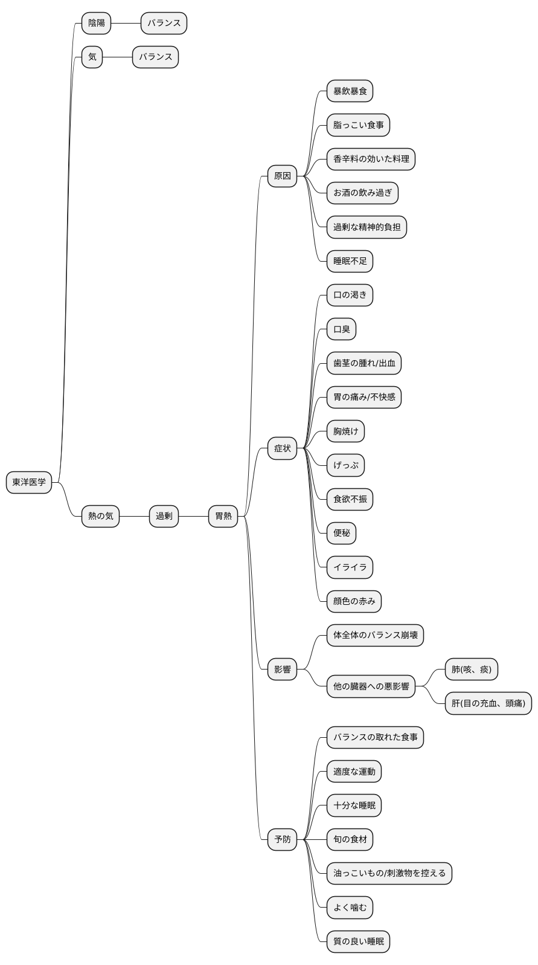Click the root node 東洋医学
[x=29, y=482]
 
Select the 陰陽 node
[x=97, y=23]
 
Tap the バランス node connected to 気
[x=155, y=57]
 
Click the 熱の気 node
[x=100, y=516]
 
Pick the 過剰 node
[x=164, y=516]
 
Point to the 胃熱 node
[x=223, y=516]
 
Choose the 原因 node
[x=283, y=176]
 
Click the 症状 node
[x=283, y=448]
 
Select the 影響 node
[x=283, y=669]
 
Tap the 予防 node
[x=283, y=839]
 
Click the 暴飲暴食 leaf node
[x=350, y=91]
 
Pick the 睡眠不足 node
[x=350, y=261]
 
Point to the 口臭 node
[x=341, y=329]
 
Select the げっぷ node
[x=345, y=465]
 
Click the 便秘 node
[x=341, y=533]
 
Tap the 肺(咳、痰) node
[x=472, y=669]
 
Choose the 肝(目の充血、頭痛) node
[x=488, y=703]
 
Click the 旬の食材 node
[x=350, y=839]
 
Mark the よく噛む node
[x=350, y=907]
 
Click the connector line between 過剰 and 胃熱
[x=194, y=516]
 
